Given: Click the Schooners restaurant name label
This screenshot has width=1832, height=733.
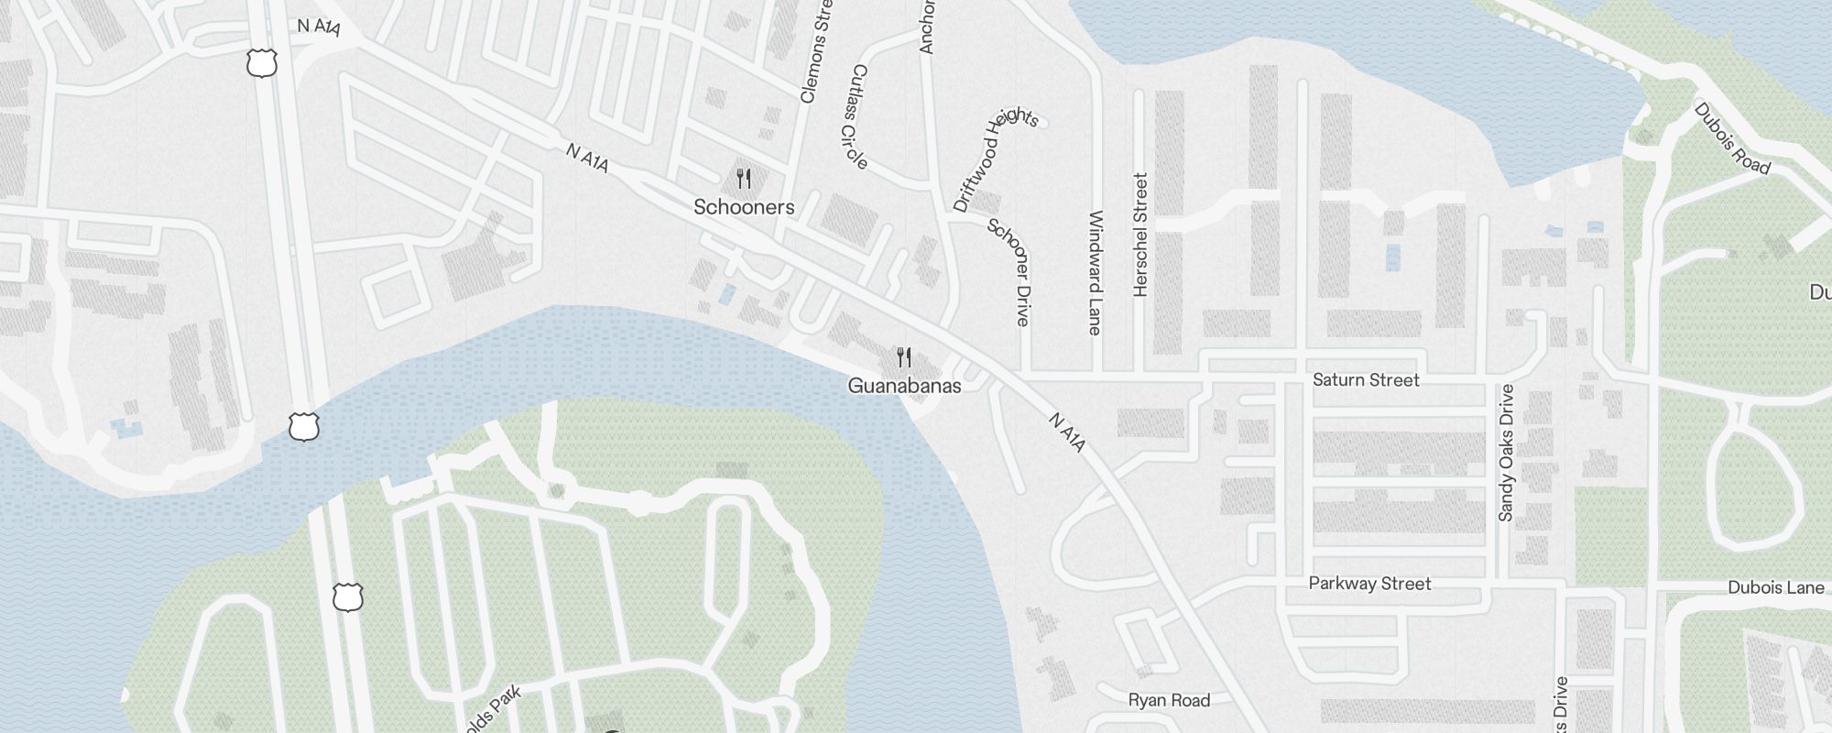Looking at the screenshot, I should (744, 207).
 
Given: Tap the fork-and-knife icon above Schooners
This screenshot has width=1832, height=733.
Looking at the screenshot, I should (744, 178).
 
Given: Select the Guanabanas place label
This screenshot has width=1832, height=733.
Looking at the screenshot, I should (904, 386).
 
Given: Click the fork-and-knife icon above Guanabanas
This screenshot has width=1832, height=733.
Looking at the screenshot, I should (904, 356).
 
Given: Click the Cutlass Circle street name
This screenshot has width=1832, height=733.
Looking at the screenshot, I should (858, 116).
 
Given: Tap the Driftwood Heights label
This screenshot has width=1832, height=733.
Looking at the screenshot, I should (995, 159).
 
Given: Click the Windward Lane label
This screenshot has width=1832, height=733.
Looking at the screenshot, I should (1096, 272).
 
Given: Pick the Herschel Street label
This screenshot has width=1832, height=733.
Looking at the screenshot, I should (1140, 235).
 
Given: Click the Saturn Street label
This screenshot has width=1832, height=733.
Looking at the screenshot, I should (1366, 379).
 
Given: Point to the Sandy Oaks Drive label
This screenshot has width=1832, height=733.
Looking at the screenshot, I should (1506, 453).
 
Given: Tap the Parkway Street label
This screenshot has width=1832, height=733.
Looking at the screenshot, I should (1369, 584).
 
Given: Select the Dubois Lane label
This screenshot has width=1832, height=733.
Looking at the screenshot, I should (1775, 587).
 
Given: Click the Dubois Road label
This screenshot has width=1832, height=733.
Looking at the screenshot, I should (1731, 137).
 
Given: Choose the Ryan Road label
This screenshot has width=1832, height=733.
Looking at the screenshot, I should (1169, 701).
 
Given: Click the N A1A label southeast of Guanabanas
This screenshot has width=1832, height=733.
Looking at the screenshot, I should (1067, 432).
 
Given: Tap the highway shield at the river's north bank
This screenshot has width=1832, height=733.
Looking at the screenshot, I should (303, 426).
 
